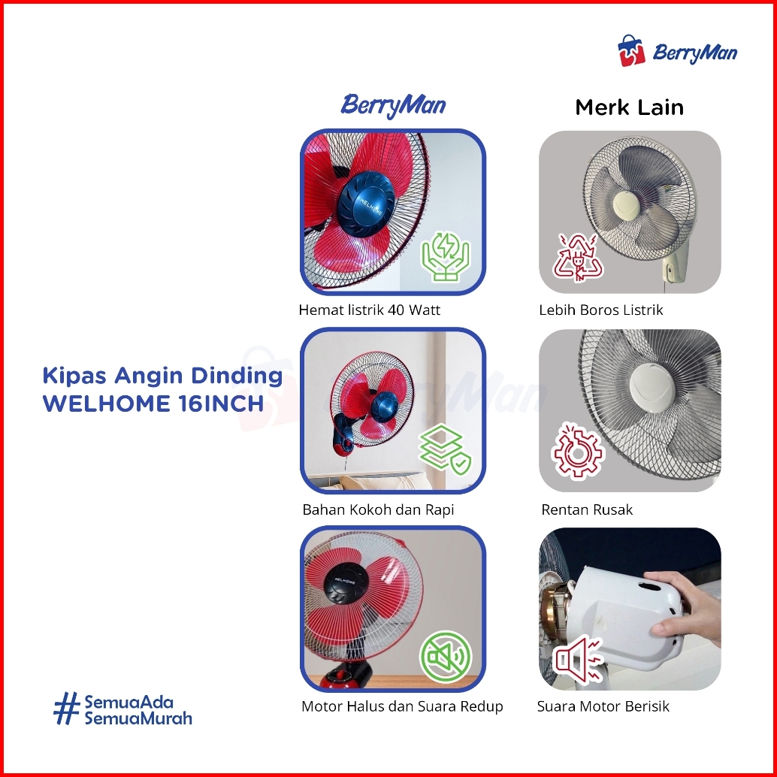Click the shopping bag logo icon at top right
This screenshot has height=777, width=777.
[x=631, y=50]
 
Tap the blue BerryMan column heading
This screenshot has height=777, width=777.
[x=393, y=106]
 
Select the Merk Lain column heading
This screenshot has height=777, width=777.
[x=629, y=107]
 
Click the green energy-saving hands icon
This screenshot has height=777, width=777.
[x=446, y=257]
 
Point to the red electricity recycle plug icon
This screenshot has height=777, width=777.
[x=578, y=258]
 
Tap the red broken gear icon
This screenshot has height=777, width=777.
[x=578, y=450]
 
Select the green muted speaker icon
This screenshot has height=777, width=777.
[x=446, y=657]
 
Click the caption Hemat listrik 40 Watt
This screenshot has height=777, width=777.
[x=369, y=310]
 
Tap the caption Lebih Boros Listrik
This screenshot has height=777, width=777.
[x=600, y=310]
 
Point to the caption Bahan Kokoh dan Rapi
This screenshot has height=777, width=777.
[x=378, y=510]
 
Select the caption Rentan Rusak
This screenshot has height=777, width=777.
[x=587, y=510]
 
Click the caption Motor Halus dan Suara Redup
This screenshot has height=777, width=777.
[x=402, y=706]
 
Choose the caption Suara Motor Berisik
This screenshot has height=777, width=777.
[x=603, y=706]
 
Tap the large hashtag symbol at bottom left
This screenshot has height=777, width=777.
[x=66, y=709]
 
